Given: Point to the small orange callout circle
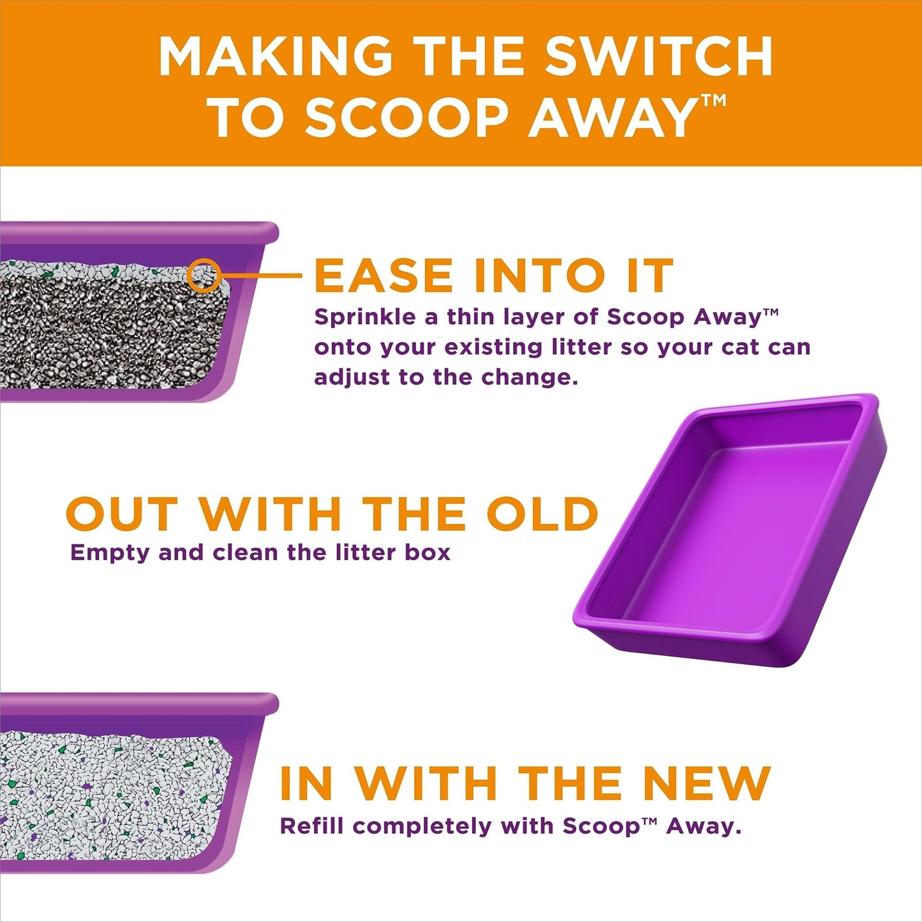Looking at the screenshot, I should pos(204,276).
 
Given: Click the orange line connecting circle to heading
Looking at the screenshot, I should pos(262,276).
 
